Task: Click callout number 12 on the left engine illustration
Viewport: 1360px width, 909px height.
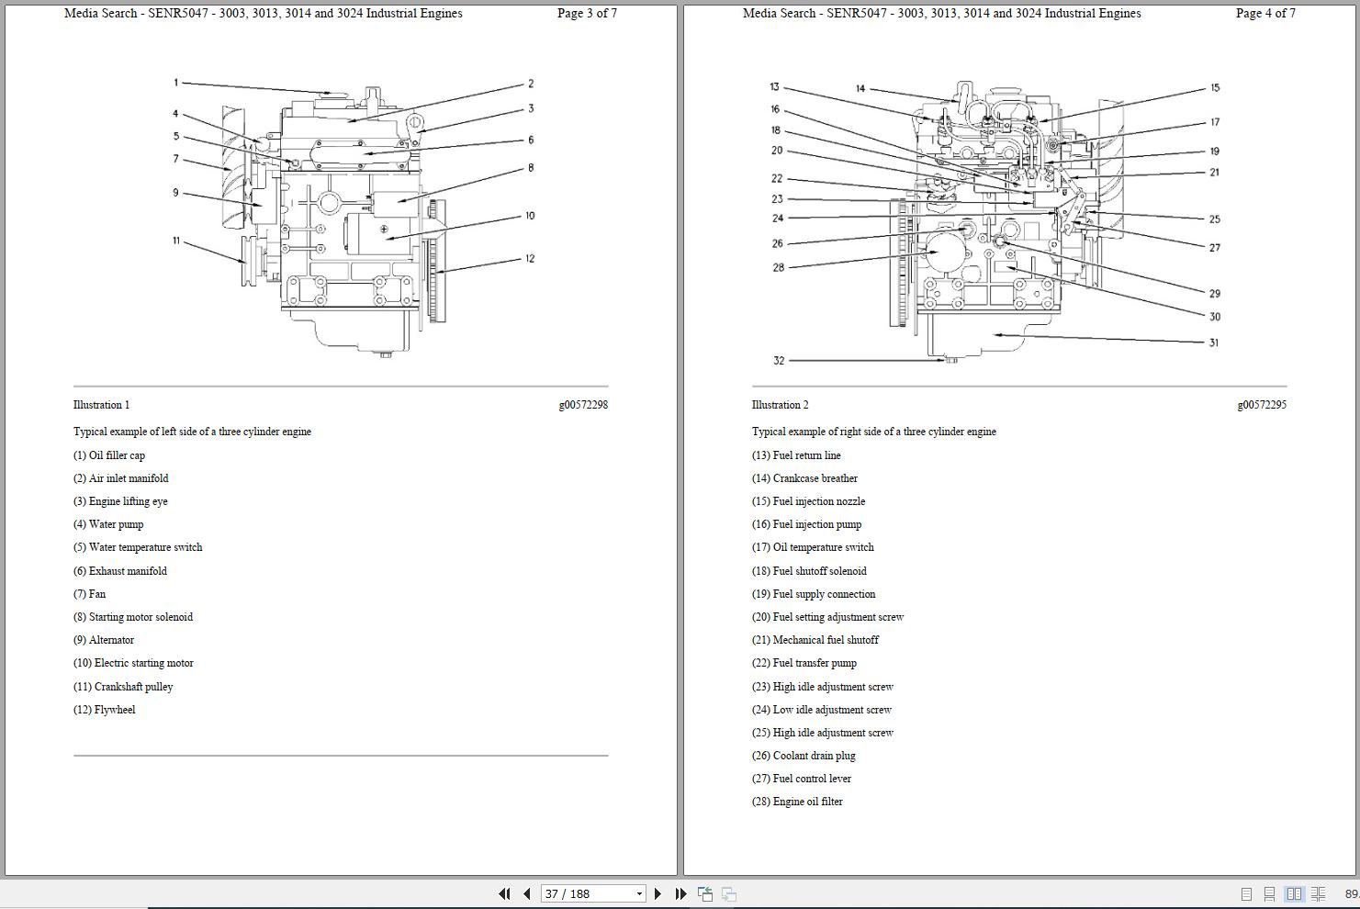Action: (530, 259)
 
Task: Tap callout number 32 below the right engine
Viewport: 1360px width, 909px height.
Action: (779, 361)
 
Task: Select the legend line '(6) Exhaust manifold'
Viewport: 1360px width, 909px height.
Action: (120, 571)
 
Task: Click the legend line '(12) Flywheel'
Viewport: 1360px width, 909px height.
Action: (105, 710)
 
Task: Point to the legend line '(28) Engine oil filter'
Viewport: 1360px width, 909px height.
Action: (797, 802)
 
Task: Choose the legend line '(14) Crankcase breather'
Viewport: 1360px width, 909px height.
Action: (804, 478)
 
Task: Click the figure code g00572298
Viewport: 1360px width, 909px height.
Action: (583, 405)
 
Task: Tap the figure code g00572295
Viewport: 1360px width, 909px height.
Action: (1262, 405)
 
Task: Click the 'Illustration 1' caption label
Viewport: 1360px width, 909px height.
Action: (102, 405)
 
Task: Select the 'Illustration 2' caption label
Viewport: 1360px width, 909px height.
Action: (781, 405)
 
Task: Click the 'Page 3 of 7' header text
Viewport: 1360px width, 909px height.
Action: (587, 14)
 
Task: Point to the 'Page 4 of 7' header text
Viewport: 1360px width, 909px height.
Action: (1265, 14)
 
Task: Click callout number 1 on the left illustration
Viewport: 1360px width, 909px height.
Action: (175, 83)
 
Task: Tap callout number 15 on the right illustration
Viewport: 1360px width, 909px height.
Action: (1215, 88)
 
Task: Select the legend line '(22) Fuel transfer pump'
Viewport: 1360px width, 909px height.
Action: (804, 663)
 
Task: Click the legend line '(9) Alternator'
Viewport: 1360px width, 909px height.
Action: (104, 640)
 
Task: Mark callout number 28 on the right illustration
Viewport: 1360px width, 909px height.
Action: (779, 268)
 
